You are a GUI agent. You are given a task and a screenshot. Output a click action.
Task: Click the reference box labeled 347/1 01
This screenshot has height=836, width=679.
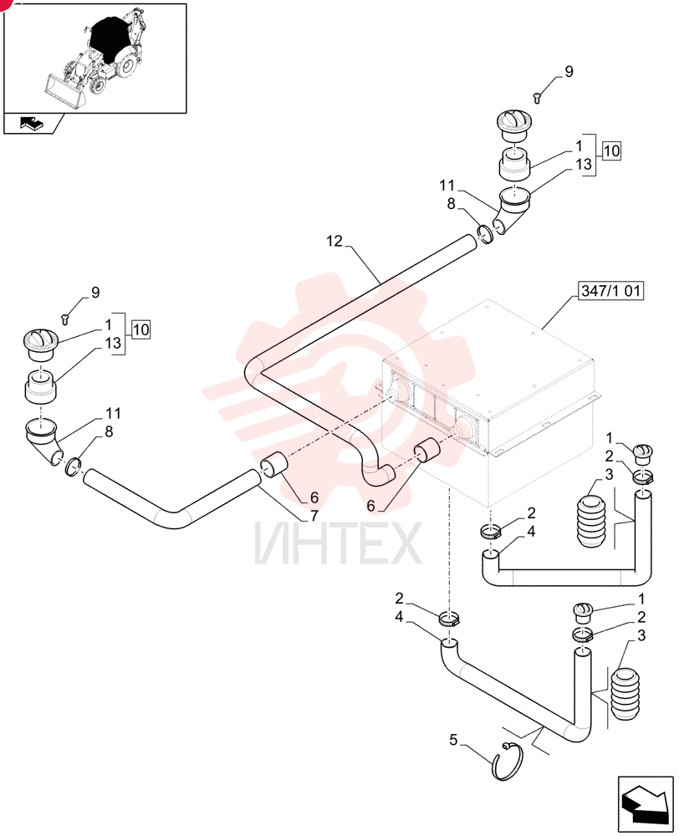click(610, 291)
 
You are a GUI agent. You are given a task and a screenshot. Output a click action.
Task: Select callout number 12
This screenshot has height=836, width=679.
click(334, 242)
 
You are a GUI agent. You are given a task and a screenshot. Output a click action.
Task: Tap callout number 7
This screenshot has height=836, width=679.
click(314, 516)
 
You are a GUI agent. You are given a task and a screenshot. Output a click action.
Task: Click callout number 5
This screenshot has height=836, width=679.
click(453, 740)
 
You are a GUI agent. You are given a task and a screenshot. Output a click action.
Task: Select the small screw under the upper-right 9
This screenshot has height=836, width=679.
click(537, 98)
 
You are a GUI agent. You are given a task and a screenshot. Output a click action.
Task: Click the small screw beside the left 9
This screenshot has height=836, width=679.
click(66, 319)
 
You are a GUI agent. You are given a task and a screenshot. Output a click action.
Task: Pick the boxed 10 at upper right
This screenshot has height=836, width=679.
click(611, 150)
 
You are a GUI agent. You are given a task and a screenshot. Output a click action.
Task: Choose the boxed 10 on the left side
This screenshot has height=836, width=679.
click(140, 329)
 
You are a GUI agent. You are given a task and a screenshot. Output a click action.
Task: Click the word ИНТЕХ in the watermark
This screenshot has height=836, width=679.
click(338, 543)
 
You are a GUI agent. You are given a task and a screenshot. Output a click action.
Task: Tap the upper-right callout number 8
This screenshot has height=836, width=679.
click(452, 204)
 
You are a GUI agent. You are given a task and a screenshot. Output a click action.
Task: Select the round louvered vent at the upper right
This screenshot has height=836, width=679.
click(514, 125)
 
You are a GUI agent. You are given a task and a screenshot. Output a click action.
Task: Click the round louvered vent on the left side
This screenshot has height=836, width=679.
click(42, 344)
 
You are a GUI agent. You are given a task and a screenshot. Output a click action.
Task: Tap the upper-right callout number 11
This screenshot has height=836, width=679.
click(447, 186)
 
